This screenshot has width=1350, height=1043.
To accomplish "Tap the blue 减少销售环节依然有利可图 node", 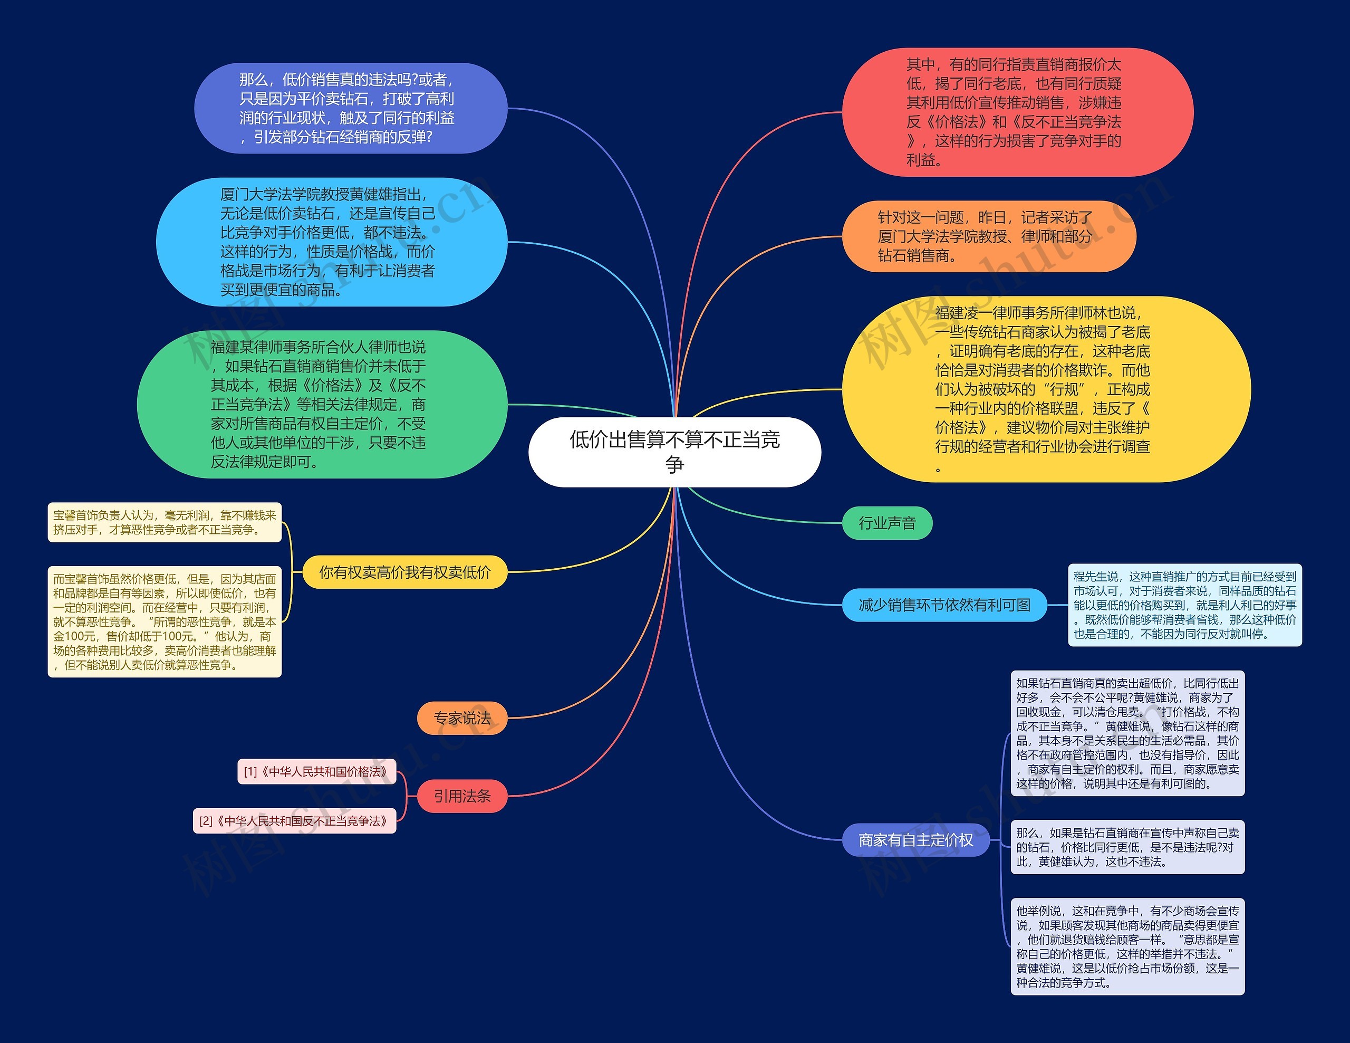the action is (x=944, y=605).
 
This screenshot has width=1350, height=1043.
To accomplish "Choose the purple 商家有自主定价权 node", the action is (x=915, y=839).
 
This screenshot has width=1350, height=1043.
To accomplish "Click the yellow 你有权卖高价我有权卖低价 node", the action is (x=405, y=572).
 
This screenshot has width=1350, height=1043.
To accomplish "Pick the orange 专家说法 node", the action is (x=462, y=718).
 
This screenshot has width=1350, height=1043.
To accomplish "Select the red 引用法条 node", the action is (x=462, y=796).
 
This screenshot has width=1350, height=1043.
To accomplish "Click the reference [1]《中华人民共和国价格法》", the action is (x=316, y=772).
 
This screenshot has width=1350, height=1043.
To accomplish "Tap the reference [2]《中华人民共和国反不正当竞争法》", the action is (x=294, y=821).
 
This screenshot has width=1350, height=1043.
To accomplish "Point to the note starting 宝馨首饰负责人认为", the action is (x=165, y=522).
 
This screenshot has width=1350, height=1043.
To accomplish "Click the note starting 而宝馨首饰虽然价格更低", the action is (x=165, y=621).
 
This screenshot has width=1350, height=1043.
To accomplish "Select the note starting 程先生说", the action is (x=1184, y=605).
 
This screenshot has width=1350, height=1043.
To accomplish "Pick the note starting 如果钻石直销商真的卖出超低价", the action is (x=1127, y=733).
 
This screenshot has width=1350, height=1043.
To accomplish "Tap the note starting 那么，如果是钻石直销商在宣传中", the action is (x=1127, y=847).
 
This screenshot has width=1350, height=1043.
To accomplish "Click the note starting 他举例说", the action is (x=1127, y=946).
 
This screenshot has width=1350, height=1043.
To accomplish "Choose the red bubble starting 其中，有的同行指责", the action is (x=1017, y=112).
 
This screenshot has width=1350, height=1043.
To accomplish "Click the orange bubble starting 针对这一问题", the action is (x=989, y=236).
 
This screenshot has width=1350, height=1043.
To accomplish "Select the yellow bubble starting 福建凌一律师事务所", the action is (x=1046, y=389).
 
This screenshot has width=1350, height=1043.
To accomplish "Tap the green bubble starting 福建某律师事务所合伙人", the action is (x=322, y=404).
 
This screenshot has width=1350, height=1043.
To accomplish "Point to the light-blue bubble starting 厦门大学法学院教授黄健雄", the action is (x=331, y=242).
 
